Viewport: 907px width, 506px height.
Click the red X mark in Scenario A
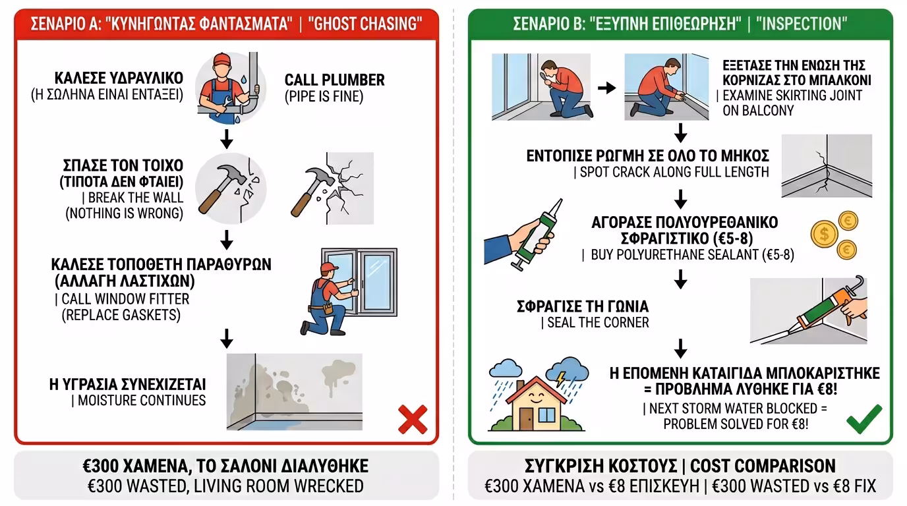[x=413, y=420]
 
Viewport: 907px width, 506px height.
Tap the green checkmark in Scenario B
[x=863, y=419]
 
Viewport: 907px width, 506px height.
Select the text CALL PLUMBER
[x=334, y=80]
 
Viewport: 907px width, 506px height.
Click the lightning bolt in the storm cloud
[x=561, y=379]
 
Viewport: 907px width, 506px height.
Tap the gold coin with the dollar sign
[x=823, y=233]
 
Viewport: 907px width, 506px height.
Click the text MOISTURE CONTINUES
[x=141, y=401]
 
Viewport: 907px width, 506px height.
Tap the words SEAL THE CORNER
[x=598, y=323]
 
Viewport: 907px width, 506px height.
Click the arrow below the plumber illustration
[x=226, y=139]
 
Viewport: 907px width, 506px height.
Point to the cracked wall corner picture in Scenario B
[x=826, y=166]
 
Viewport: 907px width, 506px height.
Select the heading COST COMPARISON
[x=763, y=466]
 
